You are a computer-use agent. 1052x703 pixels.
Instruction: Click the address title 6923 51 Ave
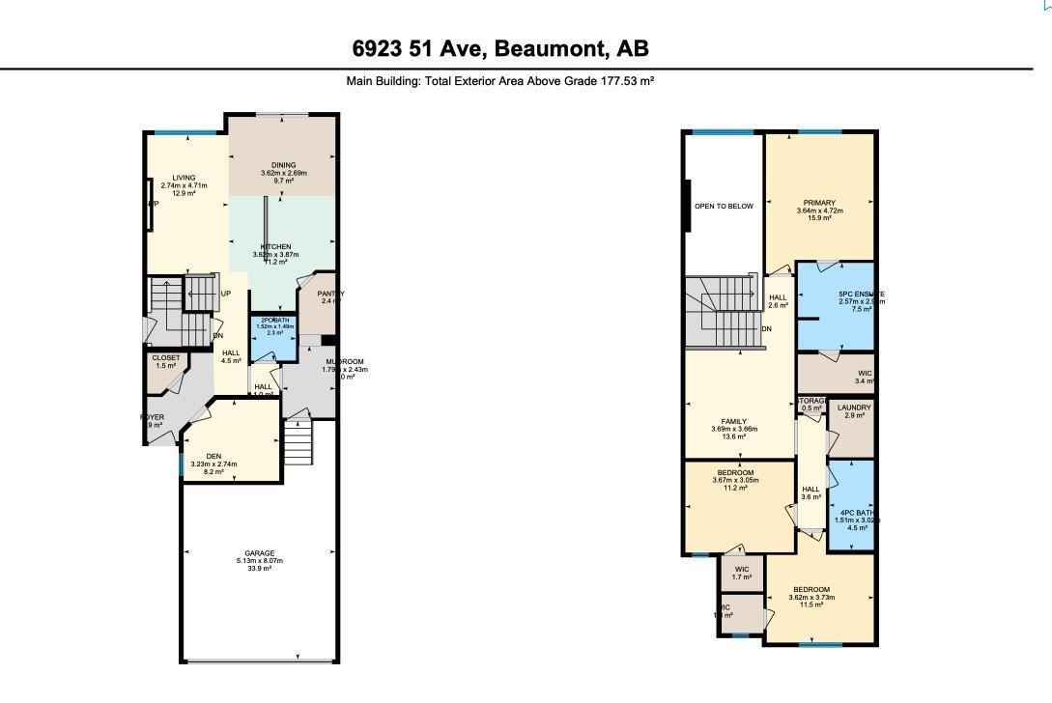500,48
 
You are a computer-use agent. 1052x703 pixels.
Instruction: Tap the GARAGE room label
259,553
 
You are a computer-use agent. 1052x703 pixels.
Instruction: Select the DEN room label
213,457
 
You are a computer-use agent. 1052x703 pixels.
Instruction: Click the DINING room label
283,165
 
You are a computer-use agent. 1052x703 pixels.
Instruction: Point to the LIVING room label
184,178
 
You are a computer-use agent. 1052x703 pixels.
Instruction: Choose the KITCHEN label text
275,247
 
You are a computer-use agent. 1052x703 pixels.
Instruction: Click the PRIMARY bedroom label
818,203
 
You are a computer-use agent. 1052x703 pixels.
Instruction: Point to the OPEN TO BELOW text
724,206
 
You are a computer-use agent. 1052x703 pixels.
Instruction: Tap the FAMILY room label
734,422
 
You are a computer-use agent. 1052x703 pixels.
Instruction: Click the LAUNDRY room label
853,408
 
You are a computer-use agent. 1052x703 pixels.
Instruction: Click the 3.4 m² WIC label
864,373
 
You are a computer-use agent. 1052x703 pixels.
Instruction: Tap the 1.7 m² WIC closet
741,570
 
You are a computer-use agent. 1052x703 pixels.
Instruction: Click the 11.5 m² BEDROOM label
811,590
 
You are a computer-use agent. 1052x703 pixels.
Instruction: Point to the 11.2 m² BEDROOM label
735,472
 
